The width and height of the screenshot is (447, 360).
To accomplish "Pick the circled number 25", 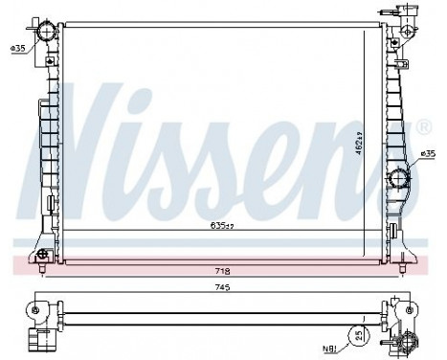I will tap(357, 336).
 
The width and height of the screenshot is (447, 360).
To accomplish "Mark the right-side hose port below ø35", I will tap(400, 178).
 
